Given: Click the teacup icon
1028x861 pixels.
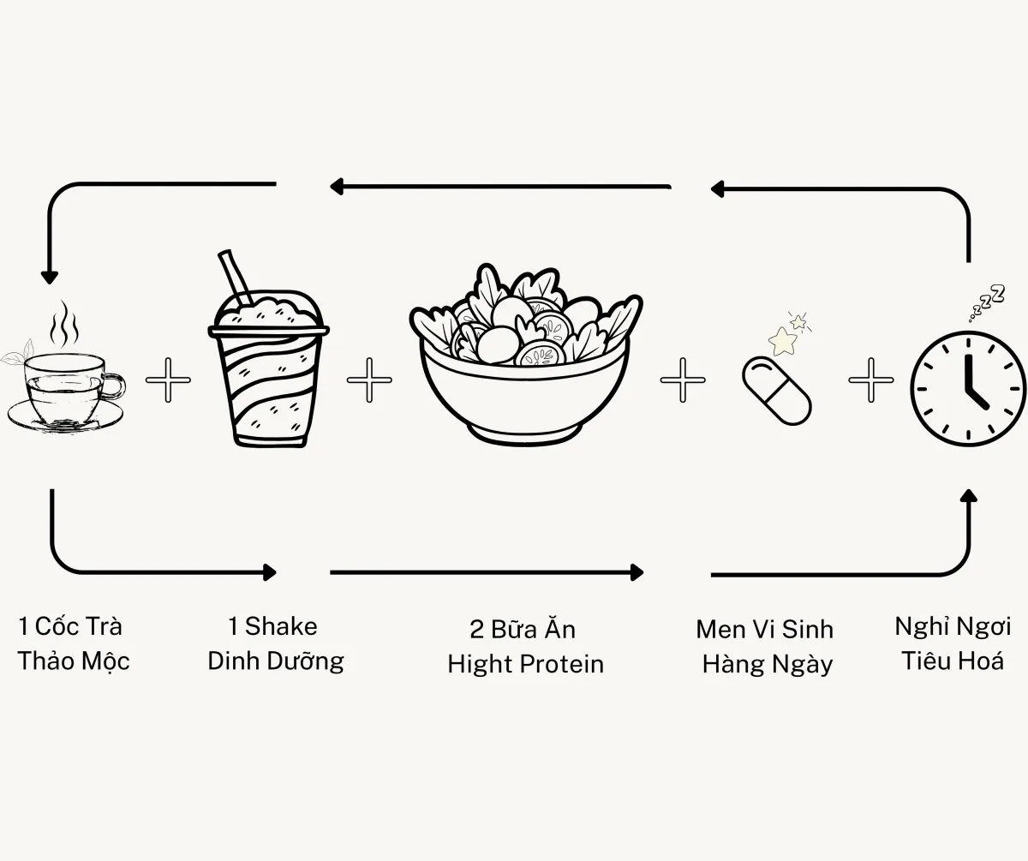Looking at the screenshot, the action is (64, 389).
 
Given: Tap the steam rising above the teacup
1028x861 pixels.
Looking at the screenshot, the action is (64, 325).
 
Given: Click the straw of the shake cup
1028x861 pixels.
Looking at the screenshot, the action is (235, 278).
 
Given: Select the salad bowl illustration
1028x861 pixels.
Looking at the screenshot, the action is (525, 355).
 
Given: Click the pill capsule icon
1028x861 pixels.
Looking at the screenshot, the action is (776, 391).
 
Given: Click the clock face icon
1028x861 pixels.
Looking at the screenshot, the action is (968, 388).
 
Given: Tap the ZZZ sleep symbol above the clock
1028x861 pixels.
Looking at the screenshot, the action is (988, 302).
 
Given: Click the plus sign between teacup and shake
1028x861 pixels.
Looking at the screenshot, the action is (168, 380).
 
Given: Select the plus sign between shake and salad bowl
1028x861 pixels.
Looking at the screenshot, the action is (369, 380).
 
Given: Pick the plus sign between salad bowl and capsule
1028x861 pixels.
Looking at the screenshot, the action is (683, 380).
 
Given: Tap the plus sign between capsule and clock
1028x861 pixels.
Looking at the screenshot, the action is (870, 380).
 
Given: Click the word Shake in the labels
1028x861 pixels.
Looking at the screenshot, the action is (281, 626).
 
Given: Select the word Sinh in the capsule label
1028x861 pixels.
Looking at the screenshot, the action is (808, 630).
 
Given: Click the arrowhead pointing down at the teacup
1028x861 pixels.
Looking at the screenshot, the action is (49, 278).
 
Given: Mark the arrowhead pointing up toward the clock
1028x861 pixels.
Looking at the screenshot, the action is (969, 496).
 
